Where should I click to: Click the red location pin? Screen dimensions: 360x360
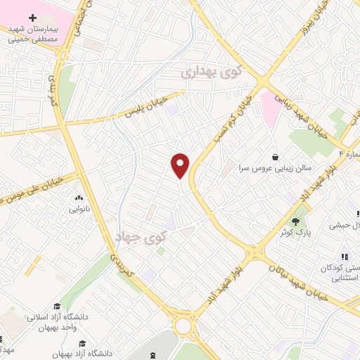[x=181, y=166]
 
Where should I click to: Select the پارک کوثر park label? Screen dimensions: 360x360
[x=295, y=231]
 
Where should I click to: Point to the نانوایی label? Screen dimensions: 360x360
[x=78, y=209]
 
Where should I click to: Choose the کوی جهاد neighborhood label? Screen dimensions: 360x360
[x=150, y=239]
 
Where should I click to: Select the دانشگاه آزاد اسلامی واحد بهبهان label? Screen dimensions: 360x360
[x=58, y=322]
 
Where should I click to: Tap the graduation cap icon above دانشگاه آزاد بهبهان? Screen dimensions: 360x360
[x=83, y=342]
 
